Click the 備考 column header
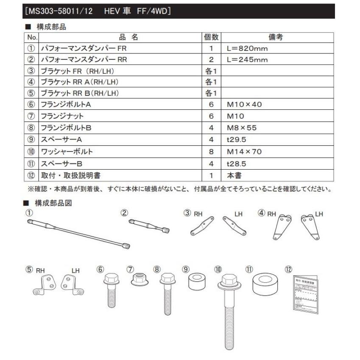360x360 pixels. [276, 37]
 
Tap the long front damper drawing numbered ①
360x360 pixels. [78, 234]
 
